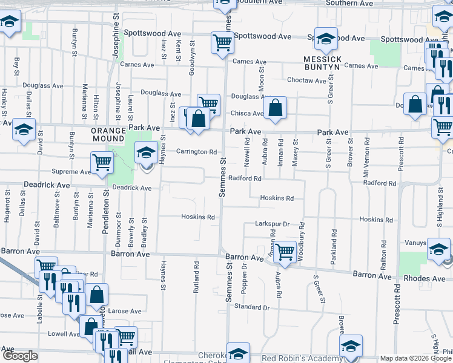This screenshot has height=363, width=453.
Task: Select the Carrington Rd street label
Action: click(x=196, y=152)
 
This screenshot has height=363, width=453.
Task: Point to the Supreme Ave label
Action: click(x=71, y=172)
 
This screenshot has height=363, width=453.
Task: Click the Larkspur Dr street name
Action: click(x=273, y=223)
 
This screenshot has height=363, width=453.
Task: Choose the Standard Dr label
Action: click(x=251, y=307)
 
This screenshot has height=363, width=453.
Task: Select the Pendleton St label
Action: click(x=105, y=215)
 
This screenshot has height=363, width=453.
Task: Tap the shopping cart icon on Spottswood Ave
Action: click(x=222, y=42)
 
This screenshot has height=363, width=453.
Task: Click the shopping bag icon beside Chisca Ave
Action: click(x=275, y=109)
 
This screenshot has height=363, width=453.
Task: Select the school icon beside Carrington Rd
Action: click(x=145, y=153)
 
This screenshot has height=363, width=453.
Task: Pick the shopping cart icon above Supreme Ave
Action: click(x=102, y=162)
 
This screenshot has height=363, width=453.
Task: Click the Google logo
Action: click(x=21, y=356)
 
